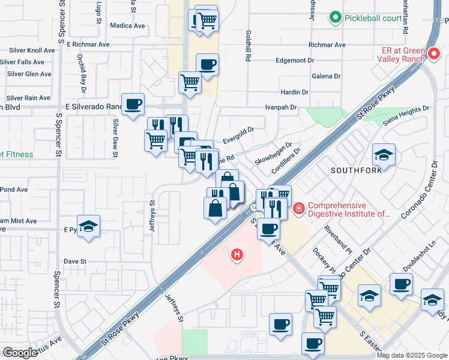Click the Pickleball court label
point(373,18)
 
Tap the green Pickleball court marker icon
point(336,18)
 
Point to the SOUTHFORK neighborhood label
point(356,170)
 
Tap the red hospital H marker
point(238,255)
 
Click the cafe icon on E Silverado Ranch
point(133,104)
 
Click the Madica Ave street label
point(128,26)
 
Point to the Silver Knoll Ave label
point(28,50)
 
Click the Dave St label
point(76,262)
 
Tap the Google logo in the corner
point(20,353)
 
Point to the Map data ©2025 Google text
point(411,355)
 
